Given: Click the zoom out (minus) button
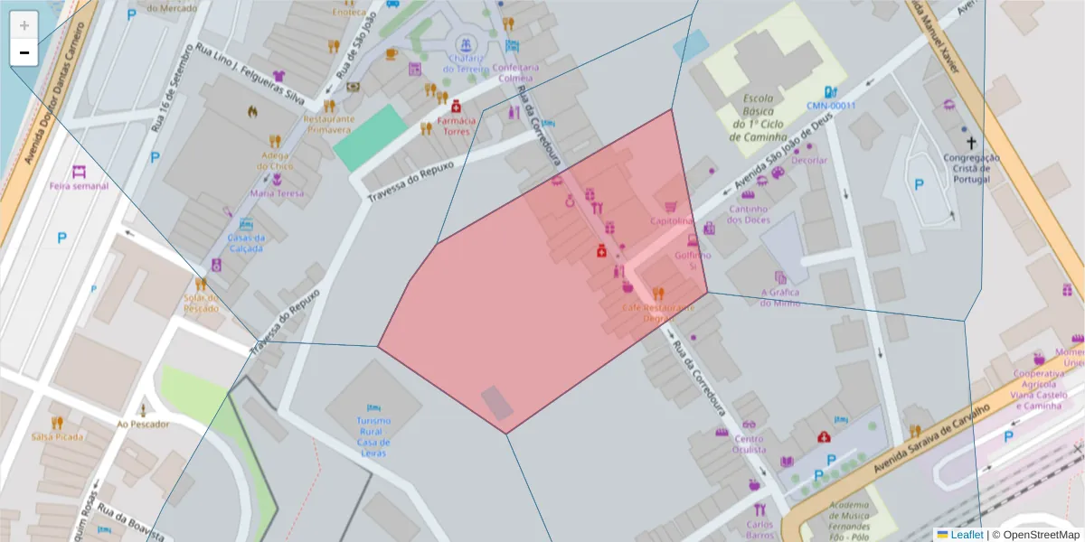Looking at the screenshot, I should coord(24,53).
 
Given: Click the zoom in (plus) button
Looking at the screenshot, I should coord(24,25).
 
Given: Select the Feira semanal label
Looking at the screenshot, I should coord(79,186).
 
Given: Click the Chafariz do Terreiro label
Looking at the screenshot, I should coord(466,63).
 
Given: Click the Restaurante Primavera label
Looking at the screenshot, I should coord(327,124).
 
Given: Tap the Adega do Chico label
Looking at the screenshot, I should coord(276,160).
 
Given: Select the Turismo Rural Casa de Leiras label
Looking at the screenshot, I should coord(373,436).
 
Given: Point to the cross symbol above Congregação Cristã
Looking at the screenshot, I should coord(971,143).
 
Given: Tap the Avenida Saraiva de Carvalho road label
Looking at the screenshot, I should coord(931,439).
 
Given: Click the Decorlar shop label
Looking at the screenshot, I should coord(808,160).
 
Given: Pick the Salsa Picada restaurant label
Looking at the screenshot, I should coord(57,436).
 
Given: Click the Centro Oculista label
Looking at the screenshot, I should coord(750,444).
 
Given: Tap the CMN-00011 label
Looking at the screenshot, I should coord(831,105).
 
